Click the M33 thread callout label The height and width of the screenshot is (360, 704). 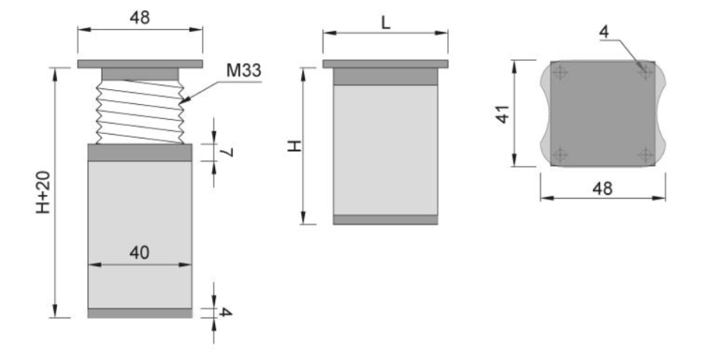coord(243,70)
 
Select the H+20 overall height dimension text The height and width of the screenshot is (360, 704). coord(43,193)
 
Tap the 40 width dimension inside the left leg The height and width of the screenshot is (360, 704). coord(140,253)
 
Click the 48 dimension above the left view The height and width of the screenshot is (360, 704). coord(140,17)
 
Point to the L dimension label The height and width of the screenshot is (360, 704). coord(386,23)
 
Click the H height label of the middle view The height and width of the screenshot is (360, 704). coord(295,146)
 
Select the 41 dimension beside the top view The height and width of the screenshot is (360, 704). coord(503,113)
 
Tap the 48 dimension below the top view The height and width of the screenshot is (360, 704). coord(602,189)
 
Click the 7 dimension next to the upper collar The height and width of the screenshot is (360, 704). coord(228,153)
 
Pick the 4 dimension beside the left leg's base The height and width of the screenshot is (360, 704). coord(225,312)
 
